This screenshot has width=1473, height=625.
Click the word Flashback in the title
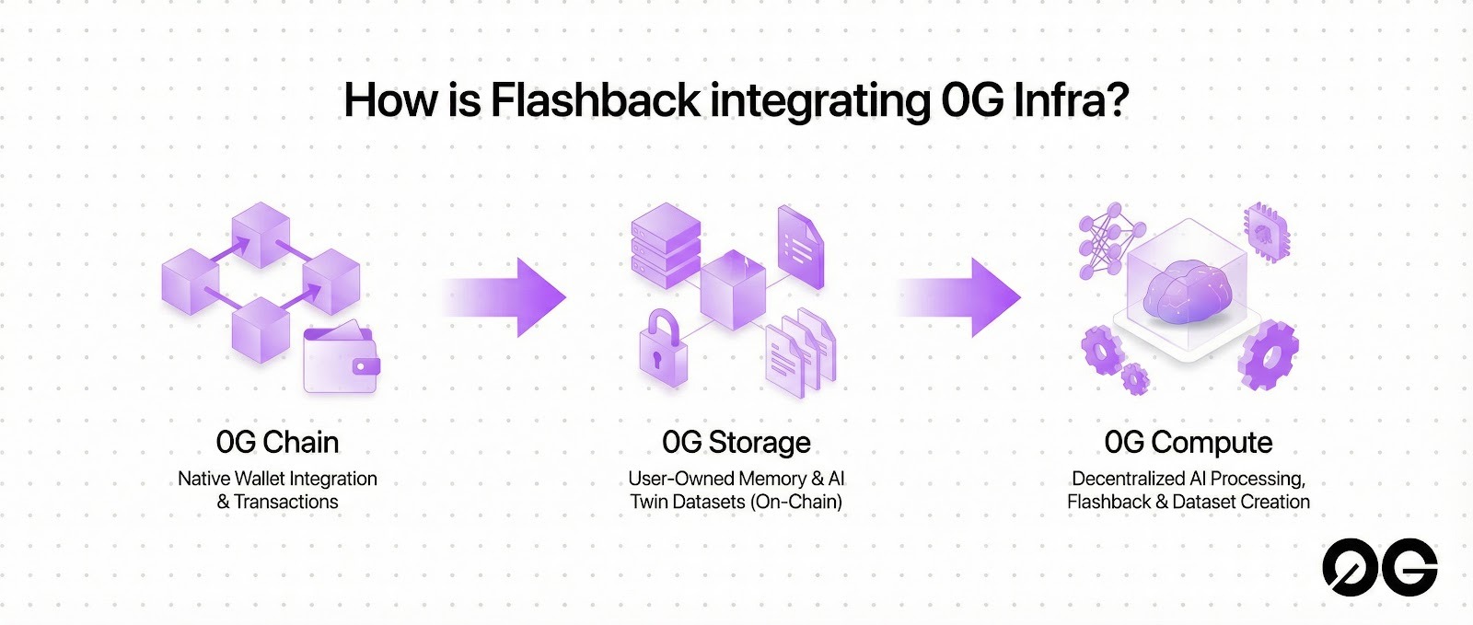(595, 100)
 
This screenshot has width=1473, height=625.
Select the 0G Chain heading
(277, 443)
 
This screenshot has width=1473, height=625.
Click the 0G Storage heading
(736, 443)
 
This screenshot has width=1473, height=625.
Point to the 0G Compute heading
(1188, 443)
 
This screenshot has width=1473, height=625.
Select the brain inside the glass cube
(1188, 291)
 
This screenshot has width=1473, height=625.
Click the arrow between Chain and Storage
(503, 297)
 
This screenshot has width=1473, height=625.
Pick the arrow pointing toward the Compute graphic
(957, 297)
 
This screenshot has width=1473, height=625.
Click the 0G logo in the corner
(1380, 567)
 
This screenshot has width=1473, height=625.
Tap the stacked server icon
(666, 245)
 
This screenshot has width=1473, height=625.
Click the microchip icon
(1266, 232)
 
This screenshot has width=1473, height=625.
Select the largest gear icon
(1268, 355)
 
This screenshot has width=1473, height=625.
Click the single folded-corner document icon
(800, 247)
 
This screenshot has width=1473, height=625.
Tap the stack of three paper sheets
(800, 353)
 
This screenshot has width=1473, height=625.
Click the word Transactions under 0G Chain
(286, 502)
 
